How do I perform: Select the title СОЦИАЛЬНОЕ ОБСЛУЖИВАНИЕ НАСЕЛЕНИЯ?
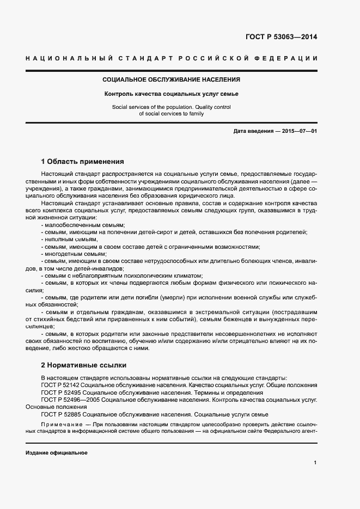[171, 79]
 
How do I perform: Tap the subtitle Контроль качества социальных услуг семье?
[171, 94]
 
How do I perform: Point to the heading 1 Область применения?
[83, 161]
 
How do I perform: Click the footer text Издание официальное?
[56, 452]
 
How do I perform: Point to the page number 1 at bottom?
[315, 462]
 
